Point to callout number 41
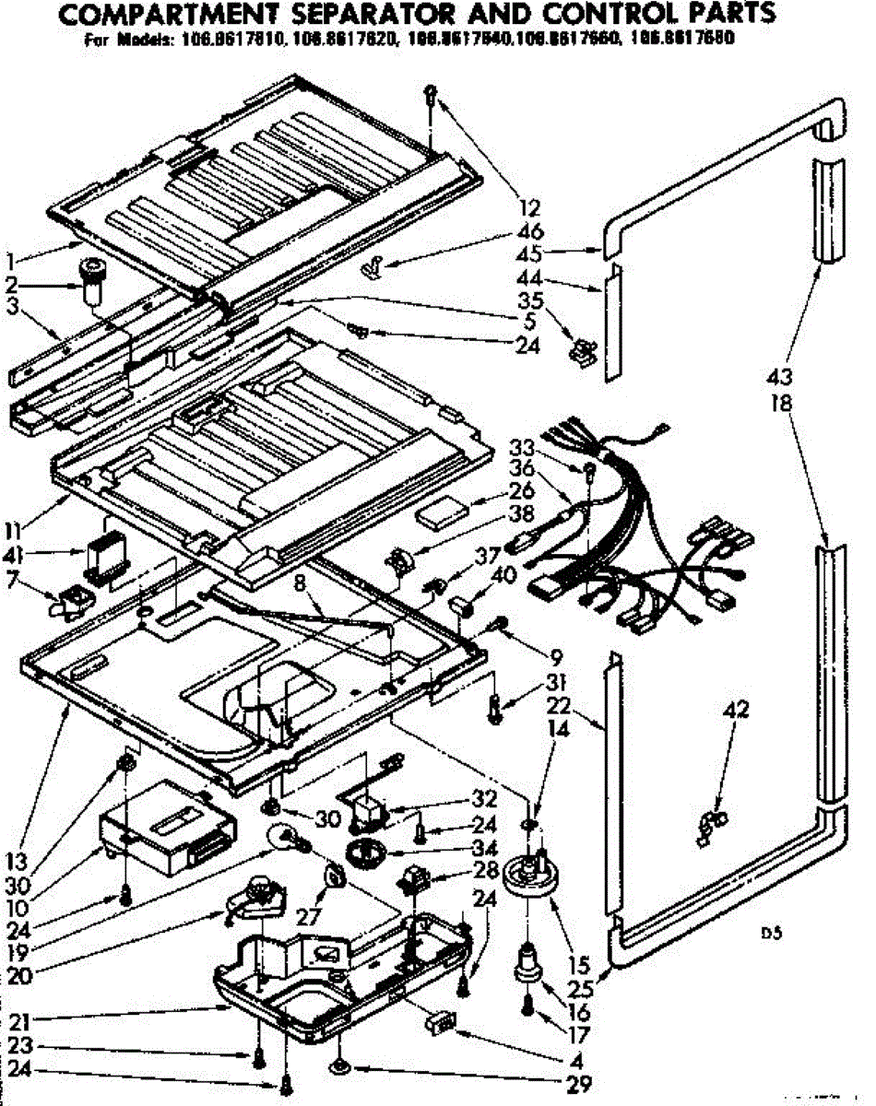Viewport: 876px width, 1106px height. coord(41,557)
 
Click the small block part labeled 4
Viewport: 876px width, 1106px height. coord(440,1023)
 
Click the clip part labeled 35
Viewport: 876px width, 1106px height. coord(582,348)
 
